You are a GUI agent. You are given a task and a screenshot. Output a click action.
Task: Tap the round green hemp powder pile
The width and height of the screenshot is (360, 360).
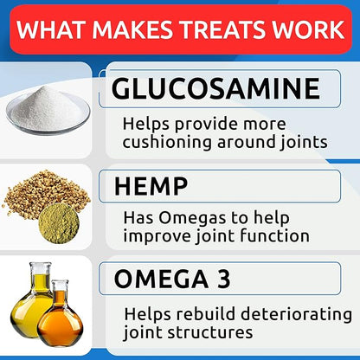tap(59, 224)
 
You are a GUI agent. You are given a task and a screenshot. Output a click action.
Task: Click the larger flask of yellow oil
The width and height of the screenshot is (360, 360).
tap(33, 311)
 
